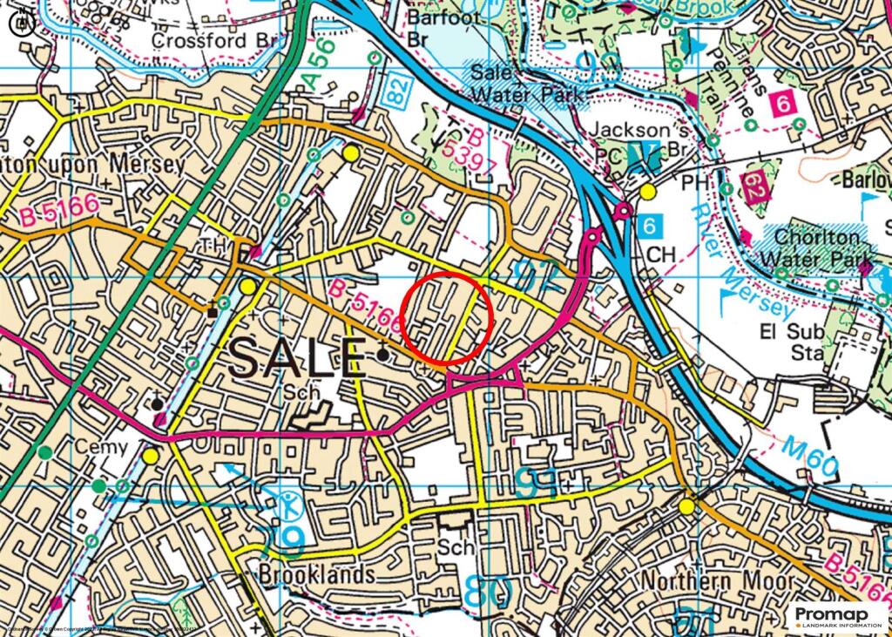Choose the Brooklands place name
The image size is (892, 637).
(317, 575)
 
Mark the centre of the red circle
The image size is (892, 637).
(448, 318)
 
